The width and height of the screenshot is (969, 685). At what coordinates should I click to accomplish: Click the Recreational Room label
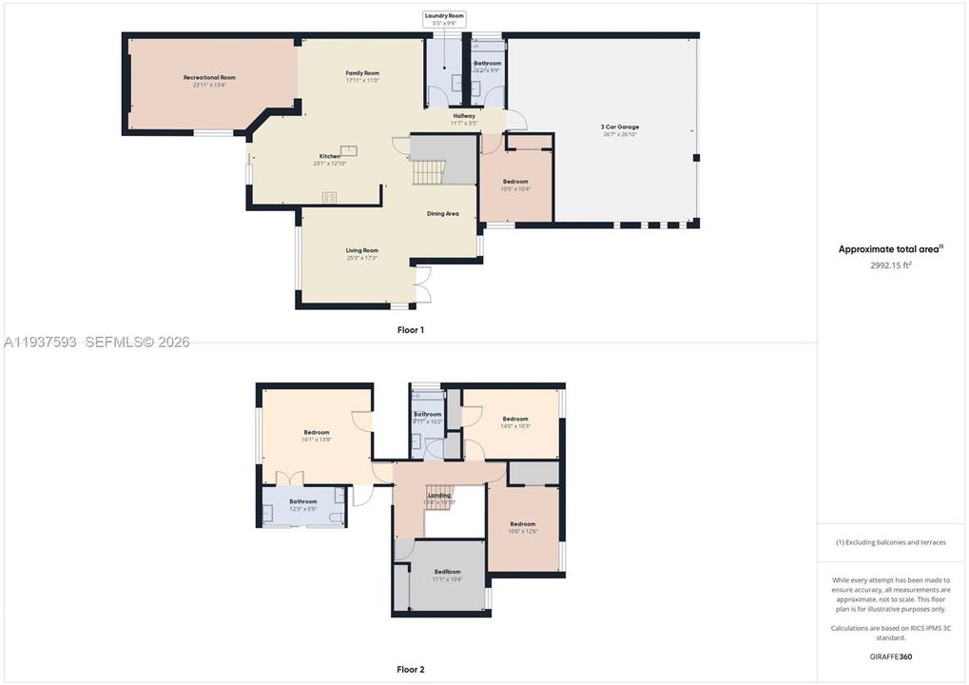209,77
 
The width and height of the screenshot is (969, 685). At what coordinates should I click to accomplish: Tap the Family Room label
362,73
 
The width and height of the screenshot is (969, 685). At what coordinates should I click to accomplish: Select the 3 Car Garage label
619,127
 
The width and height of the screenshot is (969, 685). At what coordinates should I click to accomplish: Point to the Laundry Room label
443,16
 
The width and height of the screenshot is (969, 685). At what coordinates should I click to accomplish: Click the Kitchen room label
329,156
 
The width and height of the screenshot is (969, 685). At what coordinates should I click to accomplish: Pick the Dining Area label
442,213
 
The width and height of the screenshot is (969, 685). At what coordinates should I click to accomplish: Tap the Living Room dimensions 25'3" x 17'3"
362,258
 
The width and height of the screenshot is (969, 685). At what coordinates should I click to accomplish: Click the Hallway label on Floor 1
464,116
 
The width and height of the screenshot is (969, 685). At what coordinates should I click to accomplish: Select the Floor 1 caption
411,329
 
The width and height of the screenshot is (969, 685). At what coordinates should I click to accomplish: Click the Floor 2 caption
411,669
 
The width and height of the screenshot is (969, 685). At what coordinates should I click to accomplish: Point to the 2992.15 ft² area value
891,265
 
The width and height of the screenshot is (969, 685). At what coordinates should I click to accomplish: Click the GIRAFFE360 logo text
891,656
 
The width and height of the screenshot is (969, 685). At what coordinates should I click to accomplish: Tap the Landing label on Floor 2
439,495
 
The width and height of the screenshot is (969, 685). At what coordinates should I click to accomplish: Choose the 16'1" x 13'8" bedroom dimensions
317,440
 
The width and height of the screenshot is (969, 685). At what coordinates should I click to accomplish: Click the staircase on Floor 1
429,173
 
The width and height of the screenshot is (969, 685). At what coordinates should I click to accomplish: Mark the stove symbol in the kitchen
329,198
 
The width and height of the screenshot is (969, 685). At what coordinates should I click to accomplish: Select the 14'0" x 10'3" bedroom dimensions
515,425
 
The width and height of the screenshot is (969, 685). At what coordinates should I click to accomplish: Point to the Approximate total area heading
890,249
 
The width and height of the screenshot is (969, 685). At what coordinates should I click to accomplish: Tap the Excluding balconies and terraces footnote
891,542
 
